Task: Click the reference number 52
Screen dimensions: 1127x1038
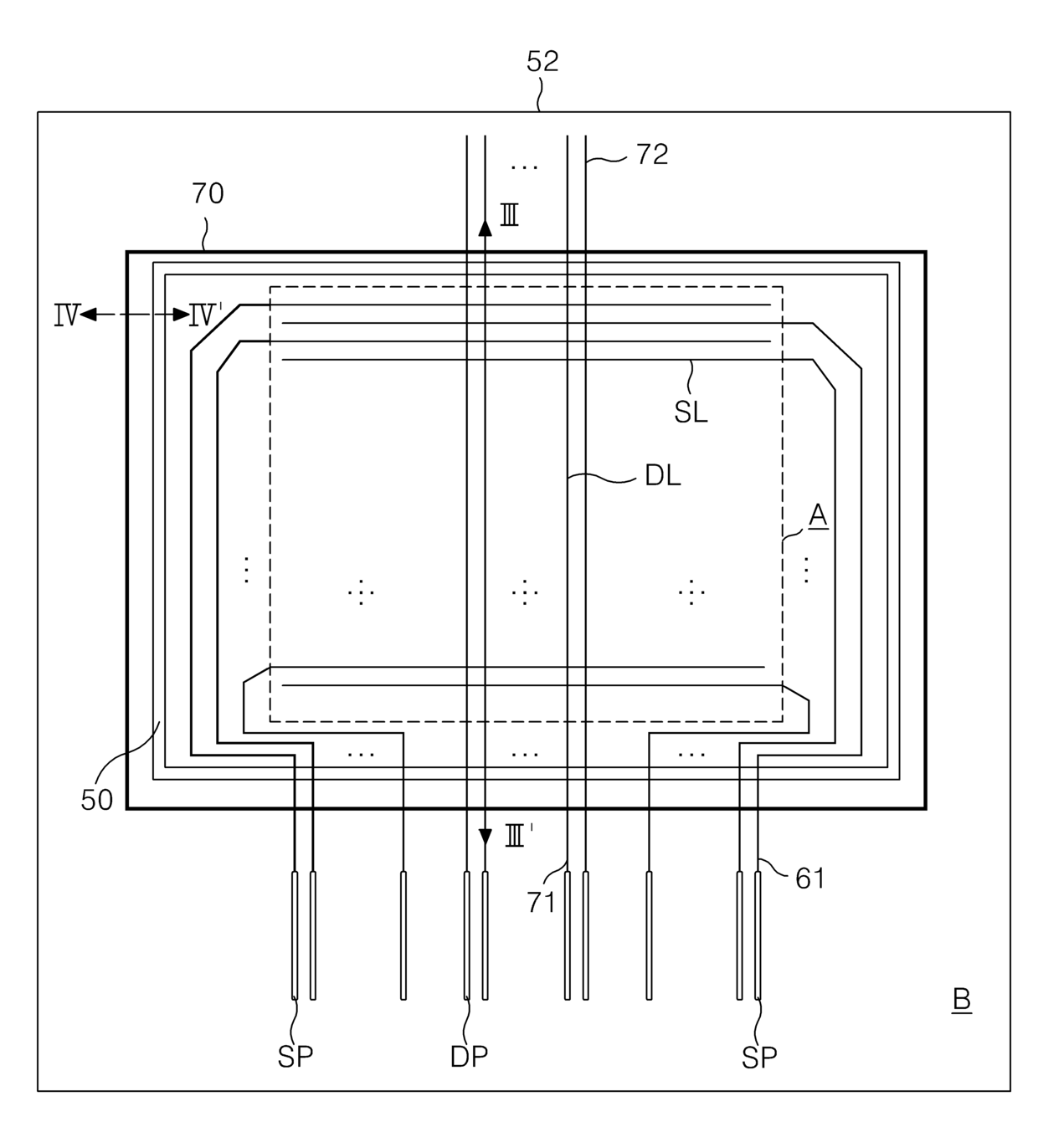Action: [542, 61]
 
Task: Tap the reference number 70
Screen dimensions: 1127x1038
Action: [208, 193]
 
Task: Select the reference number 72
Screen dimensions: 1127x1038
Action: [652, 154]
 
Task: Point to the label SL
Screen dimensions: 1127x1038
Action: [691, 412]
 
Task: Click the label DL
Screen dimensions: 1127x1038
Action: [662, 476]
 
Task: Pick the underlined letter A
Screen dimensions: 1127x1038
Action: [818, 515]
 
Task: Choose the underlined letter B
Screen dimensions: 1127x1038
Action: [962, 1000]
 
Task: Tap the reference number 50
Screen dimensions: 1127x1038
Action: [97, 800]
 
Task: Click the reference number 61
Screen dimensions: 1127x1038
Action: [809, 878]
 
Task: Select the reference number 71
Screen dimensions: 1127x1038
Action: [542, 902]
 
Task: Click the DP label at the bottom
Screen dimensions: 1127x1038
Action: [469, 1058]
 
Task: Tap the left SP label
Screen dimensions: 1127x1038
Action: [295, 1058]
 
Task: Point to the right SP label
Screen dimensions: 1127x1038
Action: [759, 1058]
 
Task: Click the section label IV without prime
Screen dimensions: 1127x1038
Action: [66, 315]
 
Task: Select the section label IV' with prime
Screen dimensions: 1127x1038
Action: [204, 315]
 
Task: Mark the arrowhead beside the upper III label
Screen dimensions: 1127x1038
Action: [485, 226]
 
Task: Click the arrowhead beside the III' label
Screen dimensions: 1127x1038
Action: [485, 835]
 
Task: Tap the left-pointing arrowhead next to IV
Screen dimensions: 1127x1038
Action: [87, 315]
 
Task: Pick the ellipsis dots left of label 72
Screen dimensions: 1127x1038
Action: [525, 166]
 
